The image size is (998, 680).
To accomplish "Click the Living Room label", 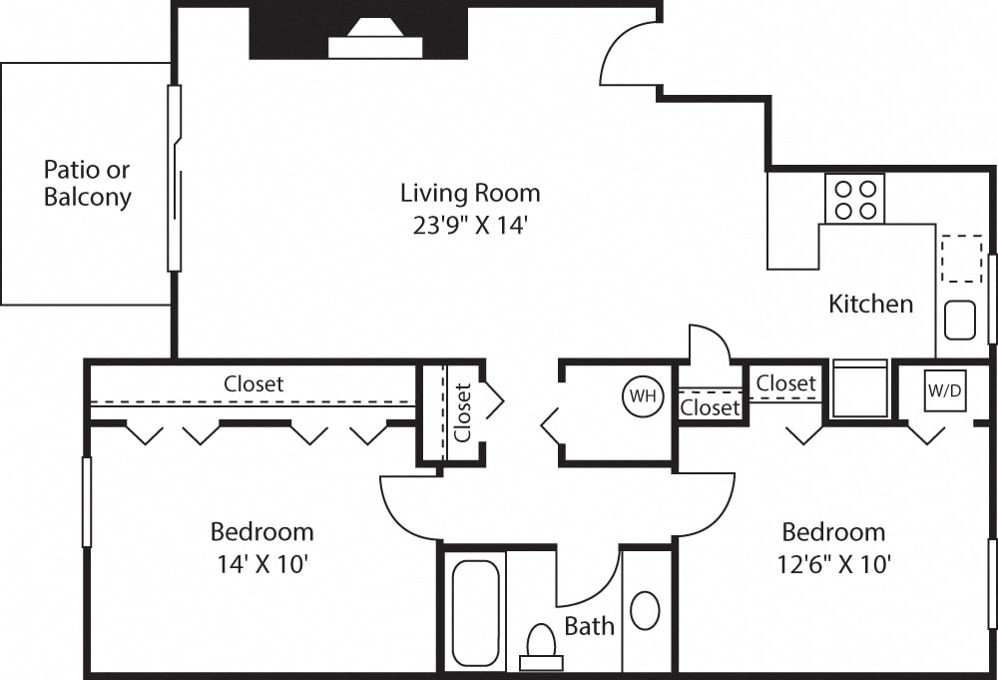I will click(470, 192).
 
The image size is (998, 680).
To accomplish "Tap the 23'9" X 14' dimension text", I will click(470, 225).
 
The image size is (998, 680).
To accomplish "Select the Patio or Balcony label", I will click(87, 183).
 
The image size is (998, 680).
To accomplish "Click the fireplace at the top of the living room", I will click(375, 40).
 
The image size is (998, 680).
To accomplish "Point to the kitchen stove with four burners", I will click(854, 198).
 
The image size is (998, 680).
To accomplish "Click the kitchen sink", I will click(959, 320).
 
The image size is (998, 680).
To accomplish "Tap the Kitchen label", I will click(870, 304).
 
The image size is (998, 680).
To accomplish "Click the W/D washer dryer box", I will click(944, 390).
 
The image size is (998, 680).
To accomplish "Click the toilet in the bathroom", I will click(541, 646).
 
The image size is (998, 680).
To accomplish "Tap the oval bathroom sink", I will click(645, 610).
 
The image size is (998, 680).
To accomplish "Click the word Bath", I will click(589, 626).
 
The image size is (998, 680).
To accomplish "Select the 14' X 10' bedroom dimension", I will click(261, 564).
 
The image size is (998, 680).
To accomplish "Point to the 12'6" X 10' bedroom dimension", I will click(833, 564).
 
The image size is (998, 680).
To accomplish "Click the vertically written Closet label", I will click(462, 412).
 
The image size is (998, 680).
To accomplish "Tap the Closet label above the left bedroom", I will click(253, 383).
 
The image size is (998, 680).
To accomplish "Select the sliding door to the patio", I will click(175, 178).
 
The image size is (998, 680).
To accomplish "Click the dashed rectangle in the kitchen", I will click(962, 258).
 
